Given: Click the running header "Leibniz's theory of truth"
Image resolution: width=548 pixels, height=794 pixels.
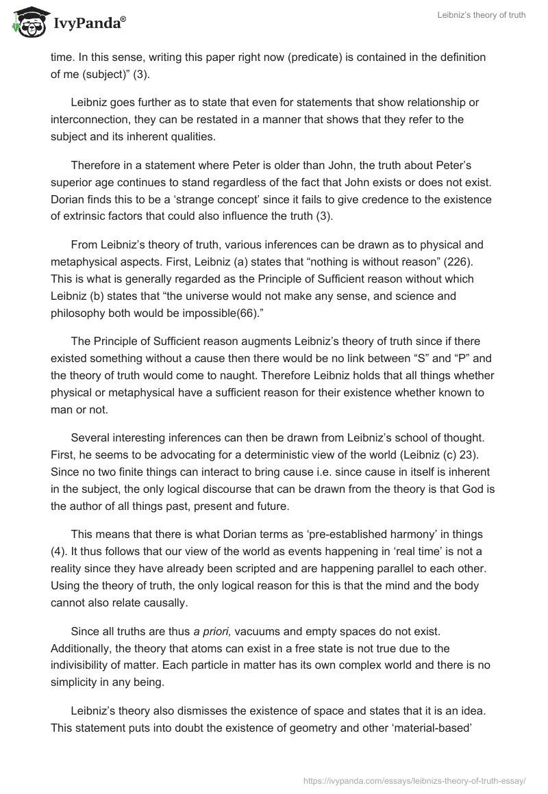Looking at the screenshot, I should coord(481,16).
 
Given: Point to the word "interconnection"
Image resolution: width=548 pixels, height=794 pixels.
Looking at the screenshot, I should coord(90,120).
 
